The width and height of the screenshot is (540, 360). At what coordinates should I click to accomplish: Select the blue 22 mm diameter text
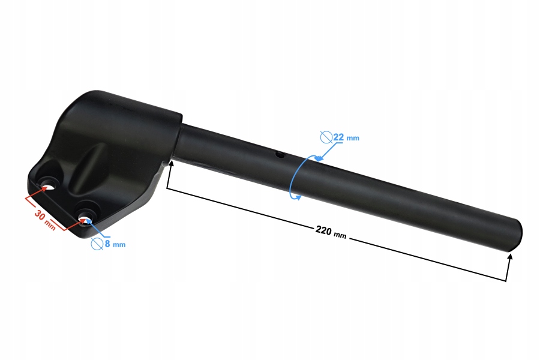coord(346,137)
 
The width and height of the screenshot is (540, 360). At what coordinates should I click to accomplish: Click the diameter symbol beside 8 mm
coord(97,244)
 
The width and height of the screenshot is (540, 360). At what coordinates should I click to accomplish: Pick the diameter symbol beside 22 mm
coord(326,137)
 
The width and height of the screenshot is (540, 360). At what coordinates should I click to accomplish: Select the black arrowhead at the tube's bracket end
coord(170,164)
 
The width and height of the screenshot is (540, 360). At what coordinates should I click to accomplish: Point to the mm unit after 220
coord(340,234)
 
